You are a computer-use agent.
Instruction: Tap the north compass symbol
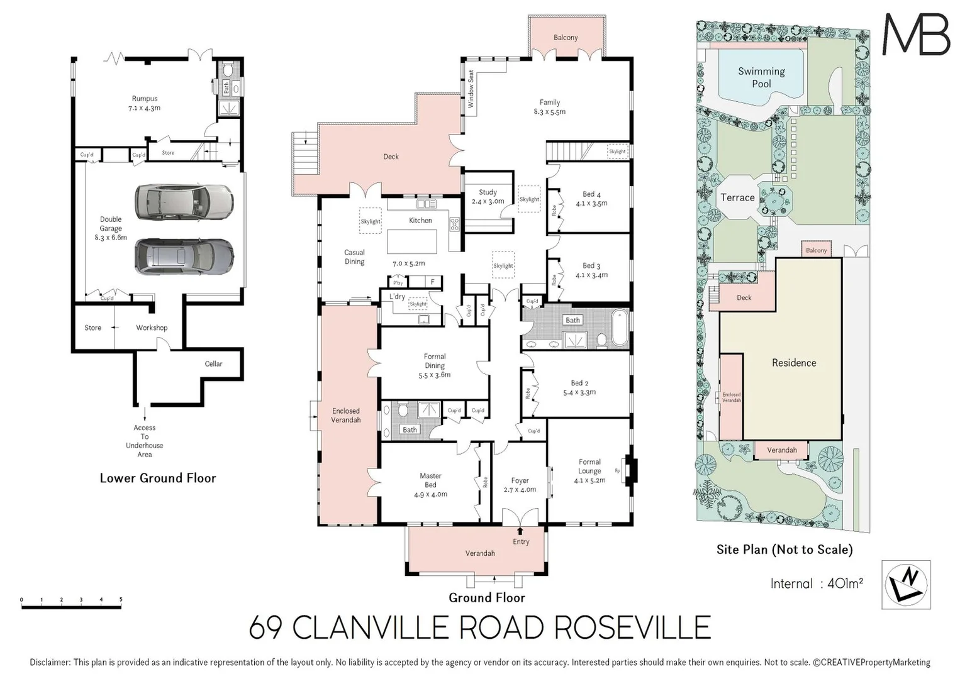coord(906,585)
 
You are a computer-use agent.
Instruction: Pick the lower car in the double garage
coord(184,256)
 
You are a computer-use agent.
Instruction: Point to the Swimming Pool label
coord(761,77)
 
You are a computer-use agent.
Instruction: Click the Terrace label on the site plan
coord(737,197)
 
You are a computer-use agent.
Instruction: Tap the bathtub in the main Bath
coord(619,327)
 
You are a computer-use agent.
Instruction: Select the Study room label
coord(488,192)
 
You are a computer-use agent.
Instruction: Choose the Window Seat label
coord(471,89)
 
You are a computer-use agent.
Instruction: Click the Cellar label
coord(213,363)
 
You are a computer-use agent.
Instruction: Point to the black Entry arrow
coord(520,531)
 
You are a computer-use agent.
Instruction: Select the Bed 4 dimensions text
coord(591,204)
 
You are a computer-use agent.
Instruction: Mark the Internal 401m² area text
coord(816,583)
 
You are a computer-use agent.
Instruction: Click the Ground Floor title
coord(486,597)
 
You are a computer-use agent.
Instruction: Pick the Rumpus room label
coord(145,99)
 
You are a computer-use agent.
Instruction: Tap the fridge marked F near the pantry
coord(432,282)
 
